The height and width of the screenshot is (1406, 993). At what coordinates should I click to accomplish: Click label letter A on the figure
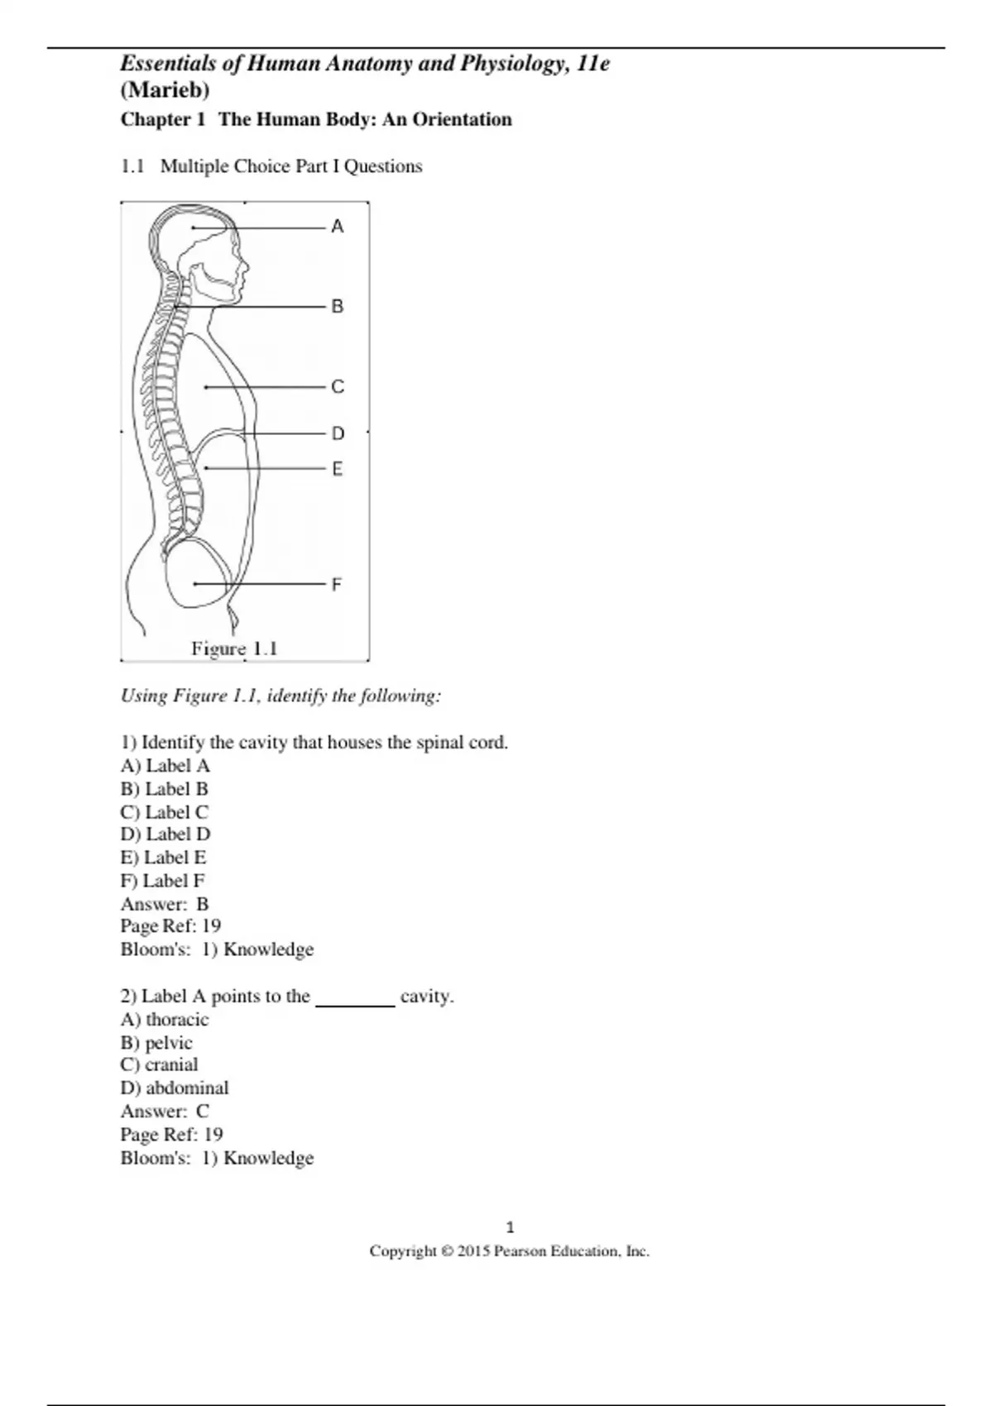point(337,227)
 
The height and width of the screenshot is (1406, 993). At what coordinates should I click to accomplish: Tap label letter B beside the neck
point(337,307)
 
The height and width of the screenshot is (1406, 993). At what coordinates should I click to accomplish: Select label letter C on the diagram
point(337,387)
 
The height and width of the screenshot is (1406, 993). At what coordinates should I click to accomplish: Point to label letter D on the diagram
point(338,433)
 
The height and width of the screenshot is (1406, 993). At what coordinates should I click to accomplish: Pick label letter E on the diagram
point(337,469)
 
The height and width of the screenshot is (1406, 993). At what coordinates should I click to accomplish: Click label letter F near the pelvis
point(336,585)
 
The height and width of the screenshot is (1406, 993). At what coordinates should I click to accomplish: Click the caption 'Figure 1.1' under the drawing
point(234,649)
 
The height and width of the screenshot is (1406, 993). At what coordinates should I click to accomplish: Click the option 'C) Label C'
point(164,812)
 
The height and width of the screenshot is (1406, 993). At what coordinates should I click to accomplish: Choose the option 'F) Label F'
point(162,881)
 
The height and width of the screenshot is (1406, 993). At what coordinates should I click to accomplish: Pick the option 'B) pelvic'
point(156,1043)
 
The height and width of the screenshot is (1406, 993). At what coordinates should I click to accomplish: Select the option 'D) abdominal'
point(175,1088)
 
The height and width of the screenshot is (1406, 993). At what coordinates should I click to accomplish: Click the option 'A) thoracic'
point(165,1020)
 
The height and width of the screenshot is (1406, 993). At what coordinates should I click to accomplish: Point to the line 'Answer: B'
point(165,904)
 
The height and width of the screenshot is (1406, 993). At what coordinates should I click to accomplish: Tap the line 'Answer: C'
point(165,1112)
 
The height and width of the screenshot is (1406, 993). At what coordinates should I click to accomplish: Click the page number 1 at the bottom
point(510,1227)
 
